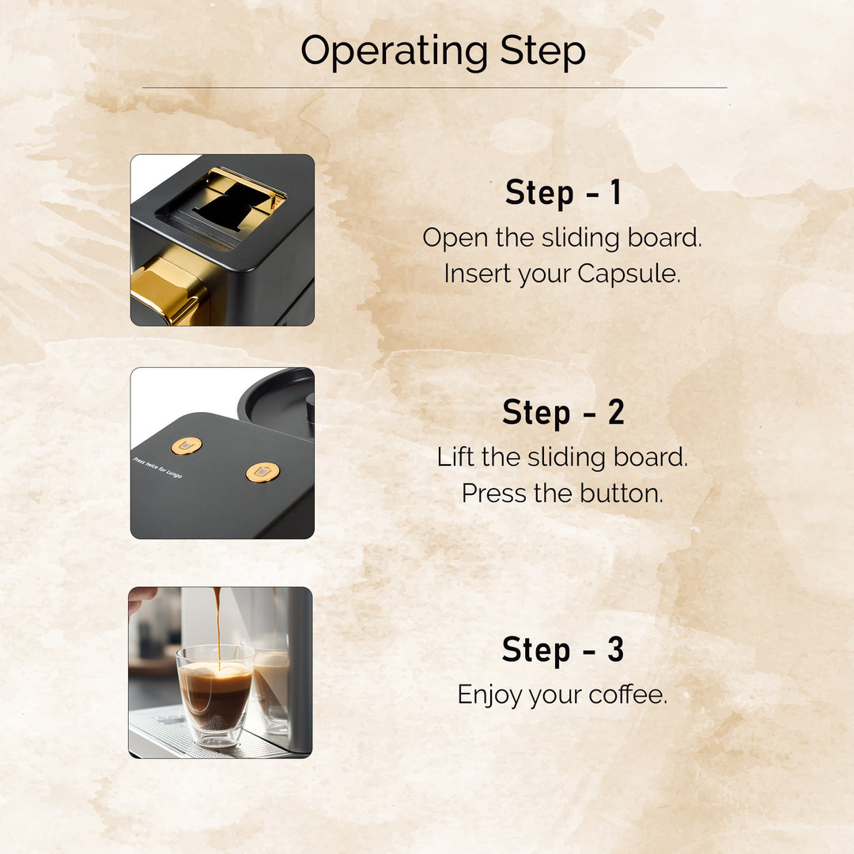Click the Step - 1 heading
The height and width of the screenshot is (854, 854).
click(563, 193)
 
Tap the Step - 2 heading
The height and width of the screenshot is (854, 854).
click(563, 413)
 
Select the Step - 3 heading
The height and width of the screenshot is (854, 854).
click(563, 650)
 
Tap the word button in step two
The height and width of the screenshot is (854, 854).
click(621, 493)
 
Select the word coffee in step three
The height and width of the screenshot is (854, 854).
click(627, 695)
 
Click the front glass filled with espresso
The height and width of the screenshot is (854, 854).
click(215, 694)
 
